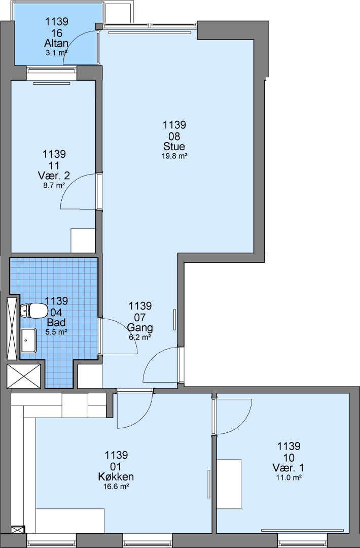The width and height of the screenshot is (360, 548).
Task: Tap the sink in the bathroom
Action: pos(28,340)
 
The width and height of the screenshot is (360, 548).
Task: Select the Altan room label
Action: pos(56,43)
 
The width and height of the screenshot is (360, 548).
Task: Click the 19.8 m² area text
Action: pos(174,156)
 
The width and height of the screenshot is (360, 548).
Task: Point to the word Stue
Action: pos(174,146)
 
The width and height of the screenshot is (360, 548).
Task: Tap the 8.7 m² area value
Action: pos(54,186)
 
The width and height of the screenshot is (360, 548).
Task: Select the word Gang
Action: pos(139,328)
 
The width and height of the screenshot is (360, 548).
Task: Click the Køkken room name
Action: pos(116,476)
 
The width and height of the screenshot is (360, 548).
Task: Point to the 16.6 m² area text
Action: pos(116,486)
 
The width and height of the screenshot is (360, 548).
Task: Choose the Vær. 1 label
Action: pos(289,468)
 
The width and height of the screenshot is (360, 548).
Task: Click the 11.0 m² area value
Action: pos(289,477)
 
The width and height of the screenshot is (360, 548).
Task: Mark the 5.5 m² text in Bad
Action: pos(56,332)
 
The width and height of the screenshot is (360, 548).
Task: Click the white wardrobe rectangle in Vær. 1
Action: pos(229,484)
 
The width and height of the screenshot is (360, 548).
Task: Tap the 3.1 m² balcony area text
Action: pos(56,53)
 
